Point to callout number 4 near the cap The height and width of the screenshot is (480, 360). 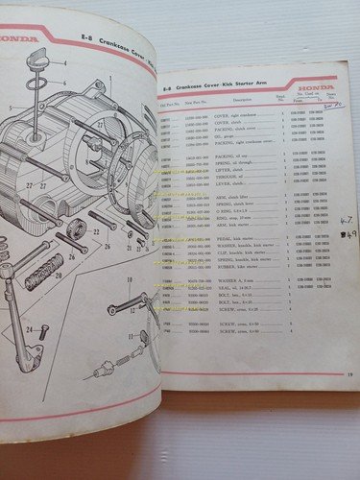coord(64,62)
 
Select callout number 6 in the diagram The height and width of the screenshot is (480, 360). coord(66,84)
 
